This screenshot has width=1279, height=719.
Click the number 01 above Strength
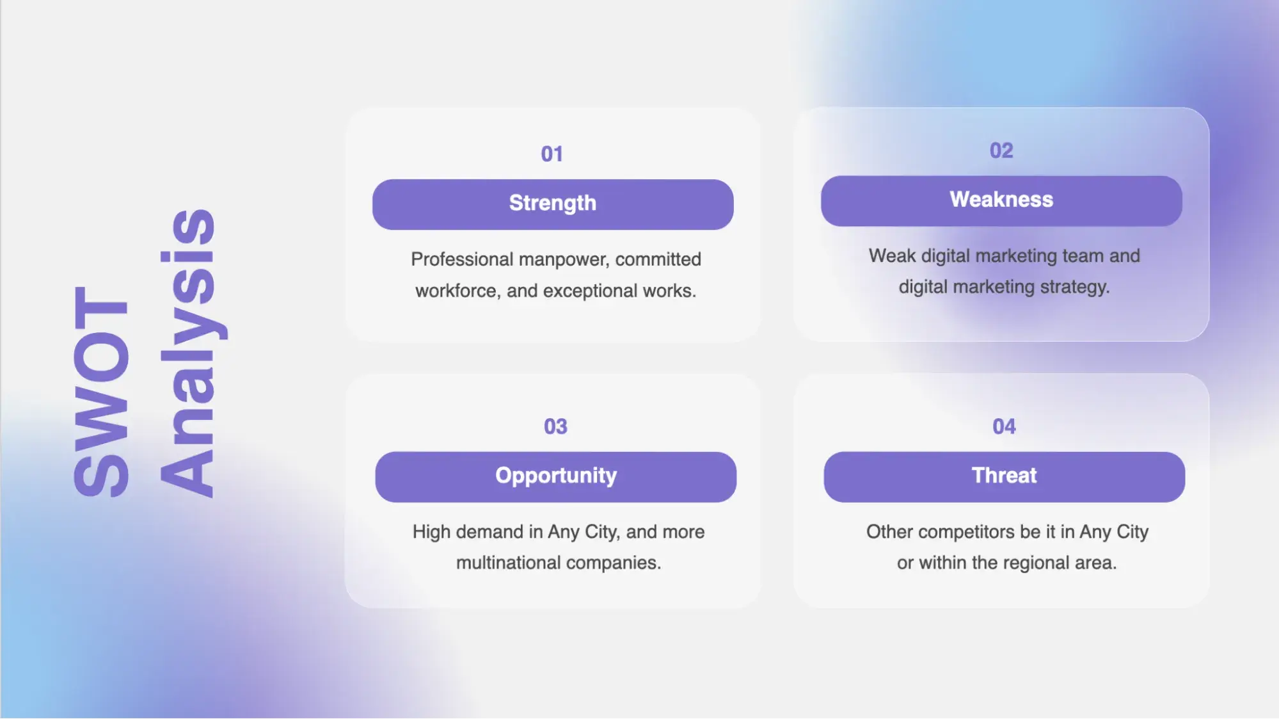coord(552,154)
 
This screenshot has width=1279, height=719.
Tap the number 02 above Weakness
coord(1001,150)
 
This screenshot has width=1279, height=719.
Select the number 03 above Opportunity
coord(555,426)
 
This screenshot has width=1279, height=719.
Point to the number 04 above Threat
coord(1004,426)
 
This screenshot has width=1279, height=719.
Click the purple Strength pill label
coord(553,204)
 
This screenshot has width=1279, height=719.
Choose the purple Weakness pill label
coord(1001,200)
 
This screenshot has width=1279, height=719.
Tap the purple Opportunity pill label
coord(555,476)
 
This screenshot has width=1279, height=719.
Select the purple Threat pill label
coord(1004,476)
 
